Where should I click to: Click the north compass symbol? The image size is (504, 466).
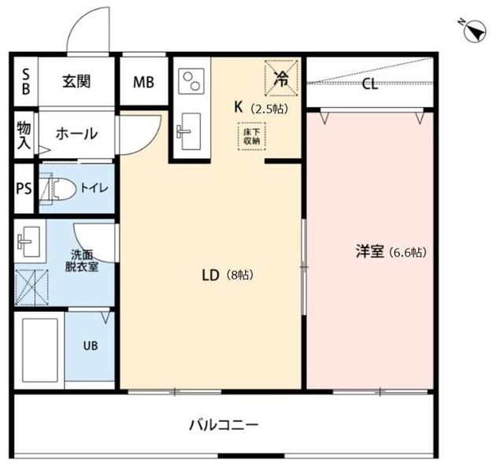click(x=475, y=31)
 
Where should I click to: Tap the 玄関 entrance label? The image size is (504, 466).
click(x=76, y=81)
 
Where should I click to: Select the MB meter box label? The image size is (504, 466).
click(x=143, y=83)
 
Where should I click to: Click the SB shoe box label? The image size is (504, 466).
click(x=26, y=82)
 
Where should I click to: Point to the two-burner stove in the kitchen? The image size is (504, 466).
click(x=191, y=81)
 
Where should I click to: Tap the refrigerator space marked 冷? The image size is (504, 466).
click(x=281, y=78)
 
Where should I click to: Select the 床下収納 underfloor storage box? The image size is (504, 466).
click(x=252, y=136)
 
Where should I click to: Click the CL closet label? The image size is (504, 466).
click(x=369, y=84)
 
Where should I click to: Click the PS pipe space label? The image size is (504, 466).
click(x=24, y=188)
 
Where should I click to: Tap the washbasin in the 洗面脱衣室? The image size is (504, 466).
click(x=28, y=242)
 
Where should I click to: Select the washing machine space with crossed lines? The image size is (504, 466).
click(x=31, y=287)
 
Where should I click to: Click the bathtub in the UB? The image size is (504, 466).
click(x=40, y=350)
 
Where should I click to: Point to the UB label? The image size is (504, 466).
click(x=91, y=346)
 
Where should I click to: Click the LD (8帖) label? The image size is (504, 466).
click(x=228, y=276)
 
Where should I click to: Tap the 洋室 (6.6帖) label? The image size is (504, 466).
click(x=391, y=252)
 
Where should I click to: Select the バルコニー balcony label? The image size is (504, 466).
click(x=224, y=425)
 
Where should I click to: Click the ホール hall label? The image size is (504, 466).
click(x=76, y=134)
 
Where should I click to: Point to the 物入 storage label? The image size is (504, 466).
click(x=24, y=135)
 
